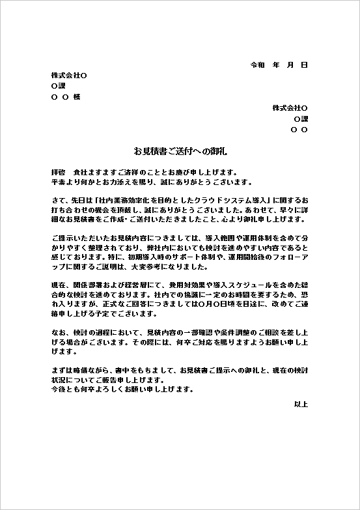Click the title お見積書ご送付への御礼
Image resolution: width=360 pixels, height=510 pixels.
pyautogui.click(x=180, y=151)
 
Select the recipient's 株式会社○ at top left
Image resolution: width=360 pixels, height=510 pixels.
pyautogui.click(x=68, y=76)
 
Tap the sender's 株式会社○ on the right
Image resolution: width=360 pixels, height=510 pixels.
pyautogui.click(x=290, y=107)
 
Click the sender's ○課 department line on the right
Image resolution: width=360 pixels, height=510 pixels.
pyautogui.click(x=301, y=119)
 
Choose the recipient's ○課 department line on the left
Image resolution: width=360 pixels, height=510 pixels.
pyautogui.click(x=58, y=86)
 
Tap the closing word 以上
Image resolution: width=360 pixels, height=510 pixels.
pyautogui.click(x=301, y=404)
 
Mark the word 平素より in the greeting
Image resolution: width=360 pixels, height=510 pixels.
pyautogui.click(x=64, y=182)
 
